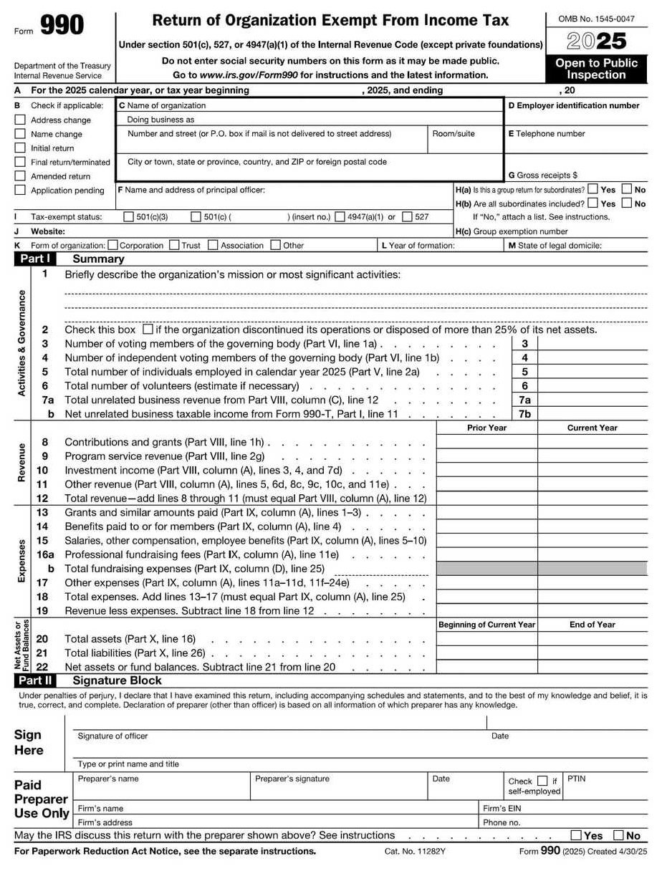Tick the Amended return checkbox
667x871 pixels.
[20, 176]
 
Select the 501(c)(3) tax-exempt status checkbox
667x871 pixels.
[129, 217]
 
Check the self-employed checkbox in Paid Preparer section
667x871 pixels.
[542, 781]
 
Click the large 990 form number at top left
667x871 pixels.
[62, 27]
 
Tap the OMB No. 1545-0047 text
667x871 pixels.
[596, 19]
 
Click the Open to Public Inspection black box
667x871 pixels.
[596, 69]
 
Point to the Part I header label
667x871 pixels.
[34, 259]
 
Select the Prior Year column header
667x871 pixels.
[486, 428]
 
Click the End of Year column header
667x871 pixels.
[592, 625]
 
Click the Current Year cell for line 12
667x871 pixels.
[592, 499]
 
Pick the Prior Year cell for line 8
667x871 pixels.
[486, 443]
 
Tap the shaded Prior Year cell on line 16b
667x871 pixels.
[486, 569]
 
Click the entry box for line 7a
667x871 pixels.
[592, 400]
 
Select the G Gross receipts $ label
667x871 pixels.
[542, 175]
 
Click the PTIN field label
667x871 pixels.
[576, 779]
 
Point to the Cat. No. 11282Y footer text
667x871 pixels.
[415, 852]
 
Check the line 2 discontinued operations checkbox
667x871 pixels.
[148, 330]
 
